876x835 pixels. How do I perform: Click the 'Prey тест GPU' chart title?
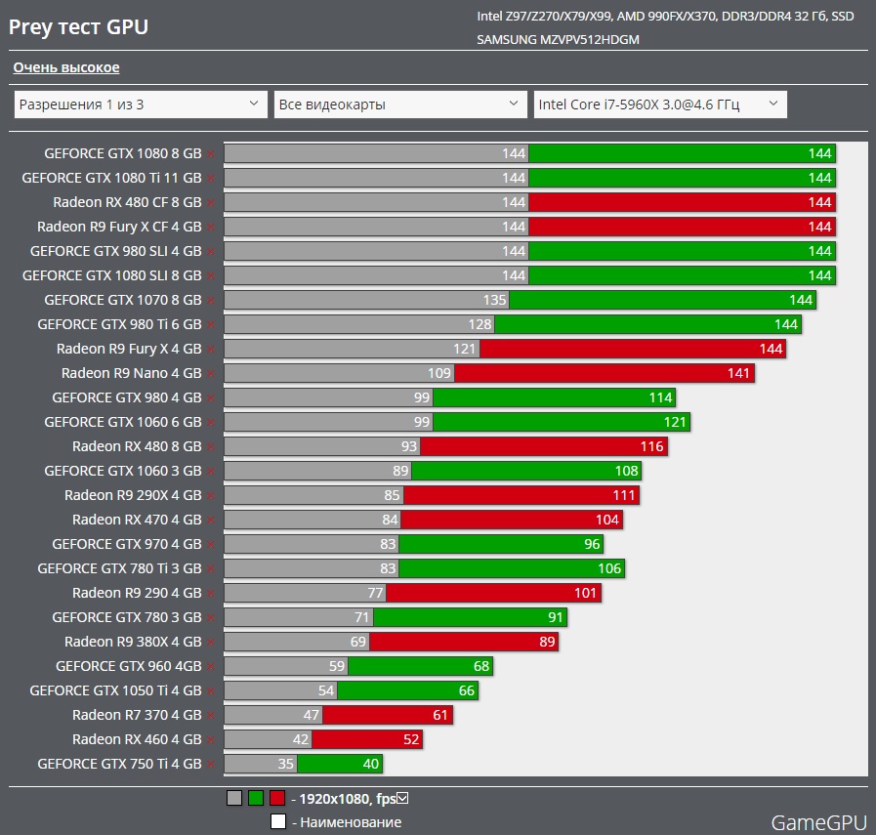(78, 26)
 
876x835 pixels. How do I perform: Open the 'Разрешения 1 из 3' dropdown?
(140, 104)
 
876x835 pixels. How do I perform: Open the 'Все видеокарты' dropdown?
(399, 104)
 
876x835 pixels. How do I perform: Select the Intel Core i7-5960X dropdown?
(659, 104)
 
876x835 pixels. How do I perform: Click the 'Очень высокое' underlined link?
(66, 67)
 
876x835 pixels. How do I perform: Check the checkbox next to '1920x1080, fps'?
(402, 798)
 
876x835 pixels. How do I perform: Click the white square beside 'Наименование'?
(278, 821)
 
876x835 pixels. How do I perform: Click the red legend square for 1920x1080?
(277, 798)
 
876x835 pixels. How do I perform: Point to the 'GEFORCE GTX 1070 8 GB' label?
(123, 300)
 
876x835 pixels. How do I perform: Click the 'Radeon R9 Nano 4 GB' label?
(131, 373)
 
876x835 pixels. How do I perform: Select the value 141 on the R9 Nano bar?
(738, 373)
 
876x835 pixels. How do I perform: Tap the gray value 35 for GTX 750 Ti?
(285, 764)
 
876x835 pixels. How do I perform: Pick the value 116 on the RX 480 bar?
(652, 446)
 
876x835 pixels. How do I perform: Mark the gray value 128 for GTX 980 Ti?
(480, 324)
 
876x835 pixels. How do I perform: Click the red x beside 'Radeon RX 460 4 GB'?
(210, 740)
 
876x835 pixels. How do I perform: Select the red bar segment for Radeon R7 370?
(388, 715)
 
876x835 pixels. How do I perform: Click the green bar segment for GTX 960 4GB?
(420, 666)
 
